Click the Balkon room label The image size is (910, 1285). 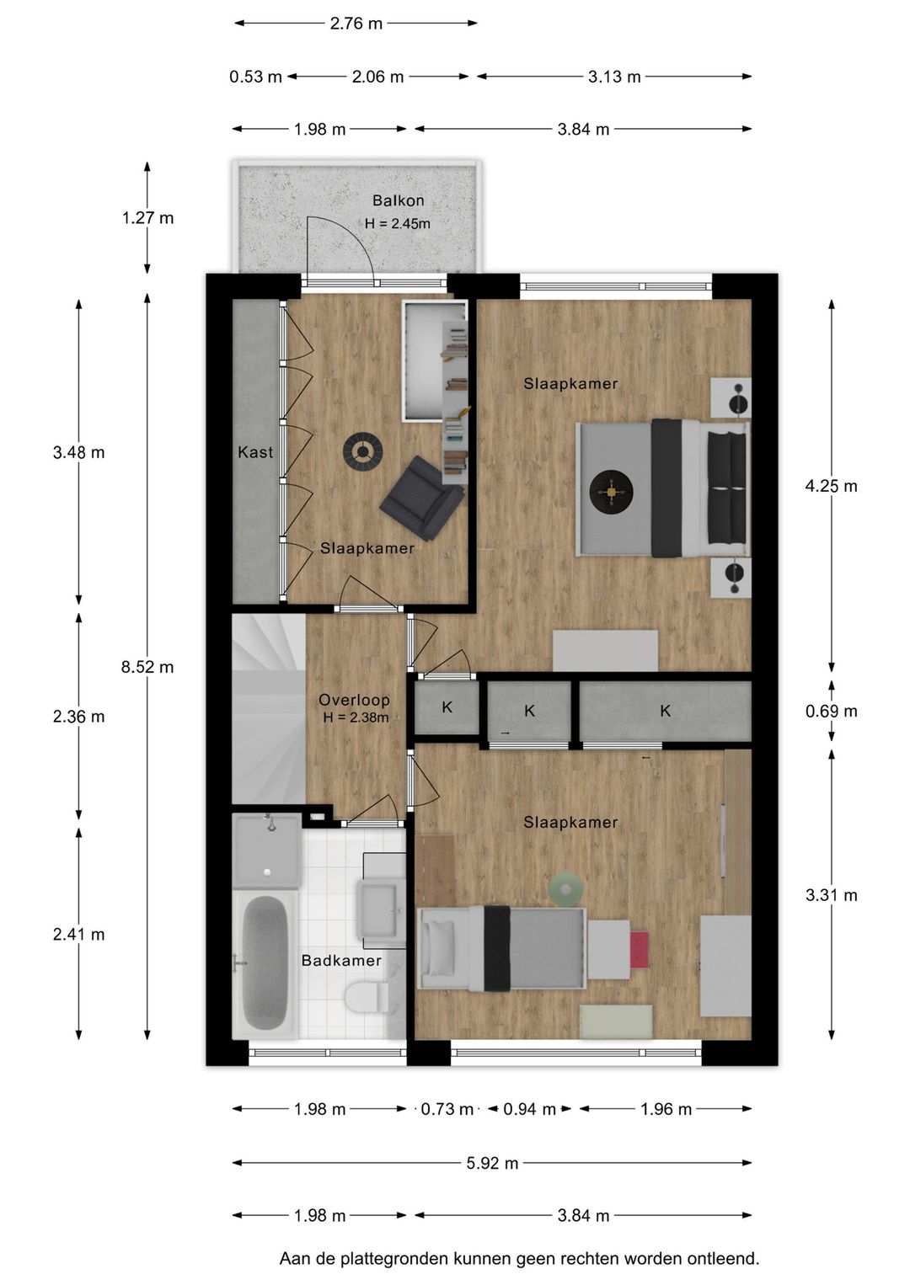click(398, 200)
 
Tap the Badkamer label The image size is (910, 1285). click(341, 960)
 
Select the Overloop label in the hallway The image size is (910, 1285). click(354, 699)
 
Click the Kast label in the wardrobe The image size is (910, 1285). click(255, 452)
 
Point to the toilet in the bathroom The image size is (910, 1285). click(366, 999)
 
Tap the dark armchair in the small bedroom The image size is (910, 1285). click(422, 498)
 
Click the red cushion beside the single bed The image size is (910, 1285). click(639, 950)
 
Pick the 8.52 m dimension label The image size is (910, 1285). click(147, 667)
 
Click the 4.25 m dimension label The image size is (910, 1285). click(831, 486)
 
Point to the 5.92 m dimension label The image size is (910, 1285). click(492, 1163)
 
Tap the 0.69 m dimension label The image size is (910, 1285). click(831, 711)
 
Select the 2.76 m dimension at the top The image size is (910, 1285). click(356, 23)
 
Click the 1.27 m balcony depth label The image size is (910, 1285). click(147, 217)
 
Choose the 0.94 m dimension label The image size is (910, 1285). click(529, 1109)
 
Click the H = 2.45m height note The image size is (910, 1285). click(398, 223)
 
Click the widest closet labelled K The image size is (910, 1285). click(666, 711)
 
